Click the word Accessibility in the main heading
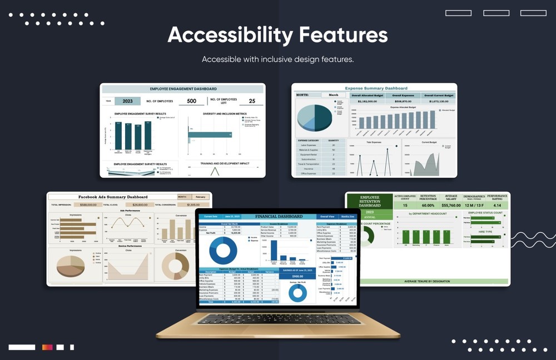click(x=230, y=35)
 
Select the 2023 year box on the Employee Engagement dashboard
click(x=127, y=101)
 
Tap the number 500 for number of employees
click(x=192, y=101)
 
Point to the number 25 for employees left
click(x=252, y=101)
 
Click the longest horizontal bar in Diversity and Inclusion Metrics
click(x=210, y=134)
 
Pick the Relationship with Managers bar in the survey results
click(x=148, y=136)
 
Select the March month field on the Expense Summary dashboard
click(x=333, y=95)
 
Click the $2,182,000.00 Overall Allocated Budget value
click(x=368, y=102)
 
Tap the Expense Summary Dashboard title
click(x=376, y=88)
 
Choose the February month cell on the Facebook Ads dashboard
click(x=200, y=197)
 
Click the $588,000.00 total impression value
click(x=88, y=204)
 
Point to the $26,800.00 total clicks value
click(x=140, y=204)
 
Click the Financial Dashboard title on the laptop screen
click(x=279, y=216)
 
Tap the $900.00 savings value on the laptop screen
click(x=297, y=276)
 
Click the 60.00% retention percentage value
click(x=428, y=205)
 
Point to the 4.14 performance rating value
click(x=498, y=205)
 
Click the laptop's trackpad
click(x=277, y=328)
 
